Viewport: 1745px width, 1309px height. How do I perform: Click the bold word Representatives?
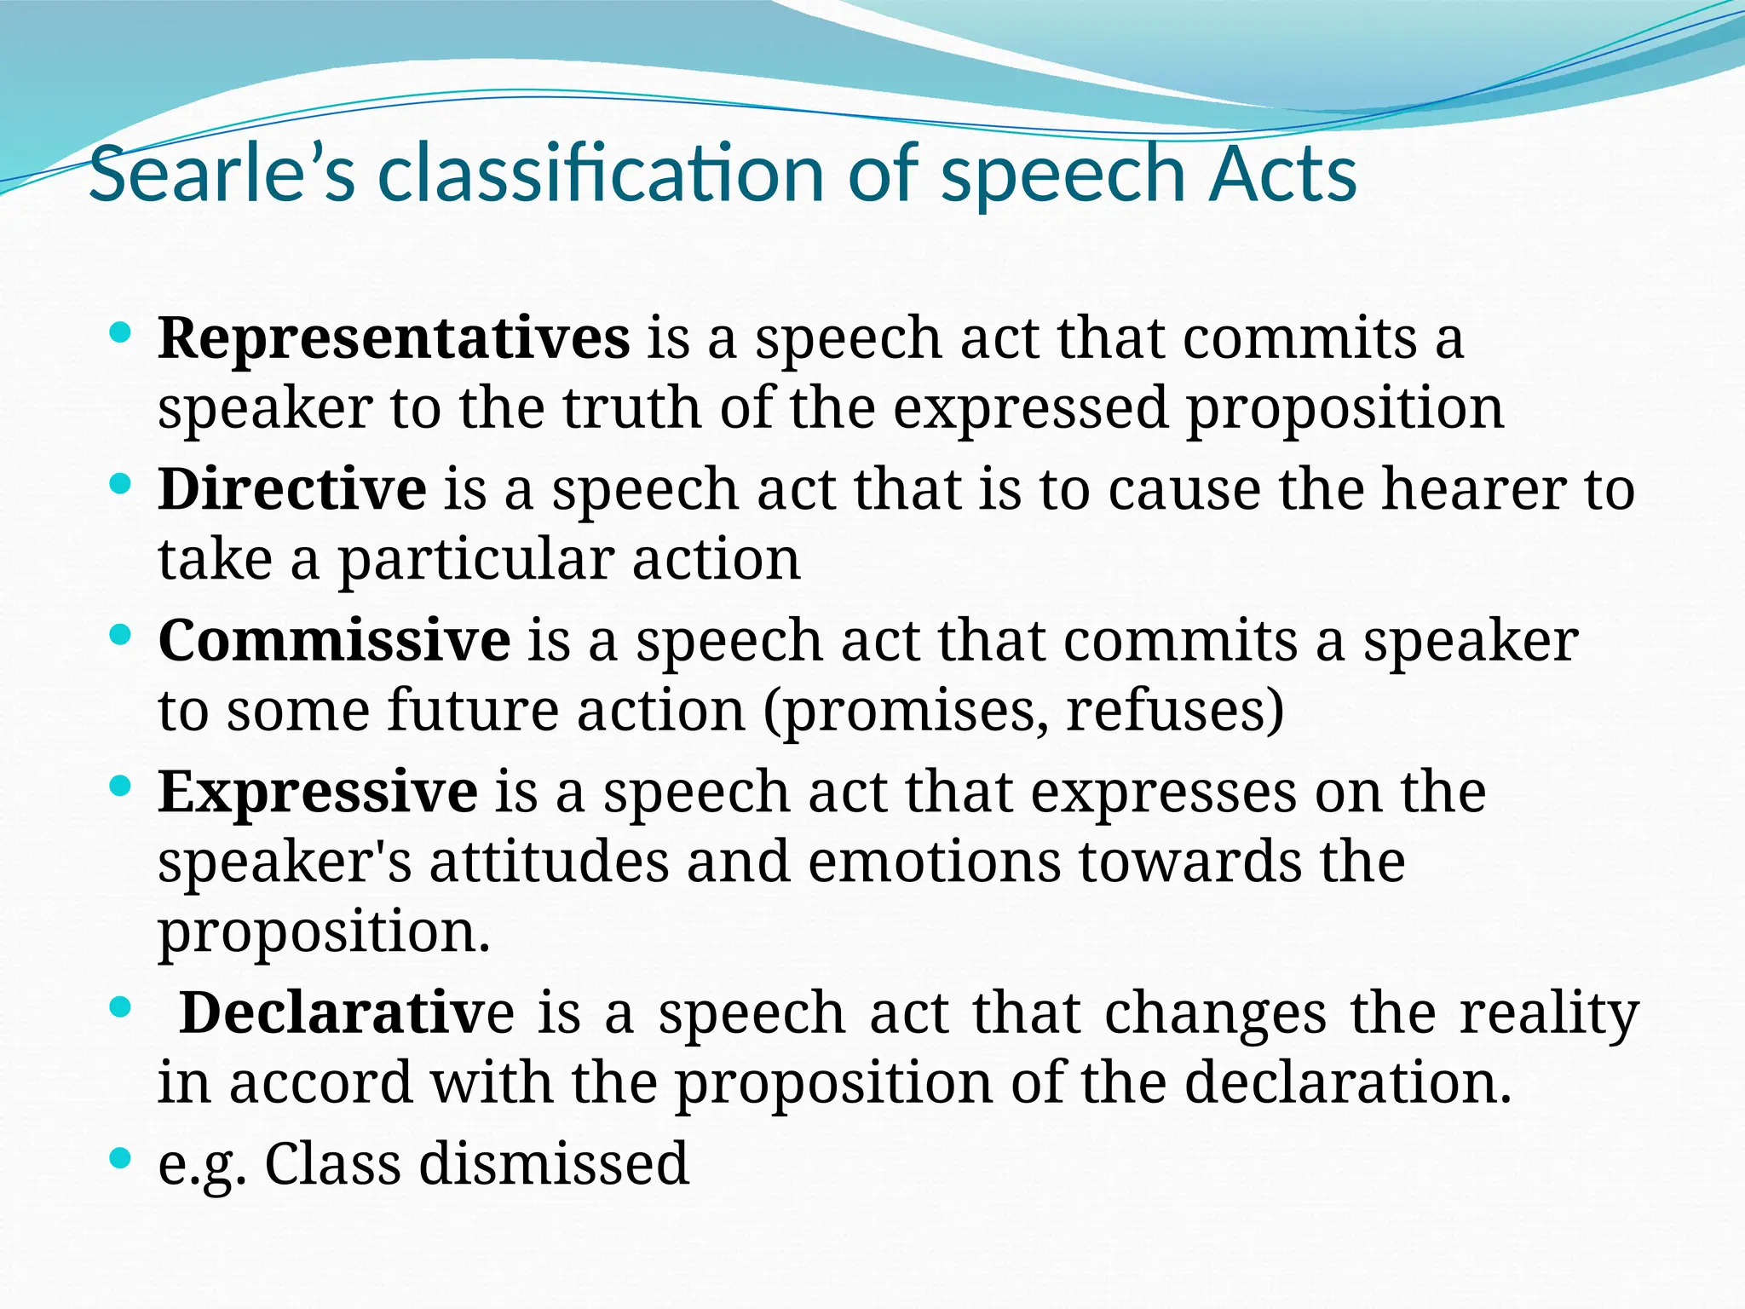point(394,339)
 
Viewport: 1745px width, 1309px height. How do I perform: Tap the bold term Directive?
point(292,490)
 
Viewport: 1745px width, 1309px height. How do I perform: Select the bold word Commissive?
point(334,641)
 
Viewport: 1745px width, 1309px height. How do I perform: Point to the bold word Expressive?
point(318,793)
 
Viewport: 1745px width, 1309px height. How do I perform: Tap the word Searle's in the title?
point(222,175)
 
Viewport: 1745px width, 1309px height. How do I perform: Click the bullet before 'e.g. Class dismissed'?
point(121,1158)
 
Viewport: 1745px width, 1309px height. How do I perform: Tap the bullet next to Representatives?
point(121,333)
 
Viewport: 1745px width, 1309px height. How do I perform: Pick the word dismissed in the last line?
point(554,1164)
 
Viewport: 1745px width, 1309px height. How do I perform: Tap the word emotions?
point(934,862)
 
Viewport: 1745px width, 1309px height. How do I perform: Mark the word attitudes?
point(549,862)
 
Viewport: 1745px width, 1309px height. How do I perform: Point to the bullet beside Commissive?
point(121,635)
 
